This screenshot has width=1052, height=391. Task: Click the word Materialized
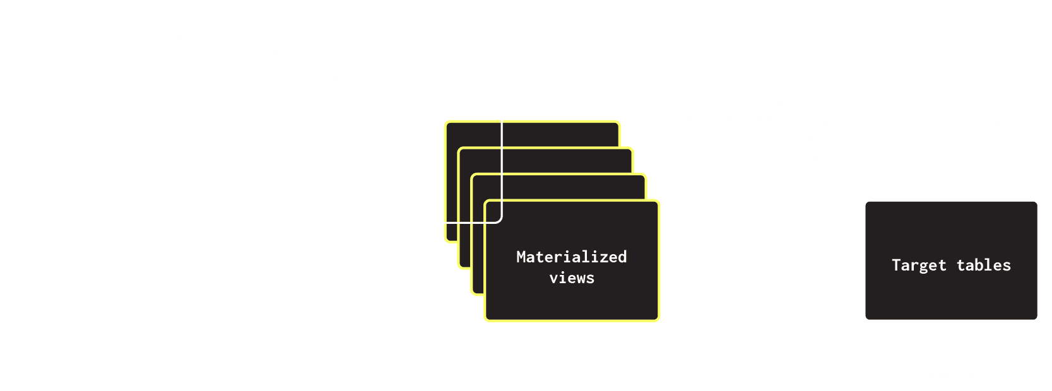(x=571, y=257)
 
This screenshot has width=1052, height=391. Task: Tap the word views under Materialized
(x=571, y=278)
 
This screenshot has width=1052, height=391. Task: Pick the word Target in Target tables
(x=919, y=266)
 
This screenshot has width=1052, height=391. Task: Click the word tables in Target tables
(x=983, y=266)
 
